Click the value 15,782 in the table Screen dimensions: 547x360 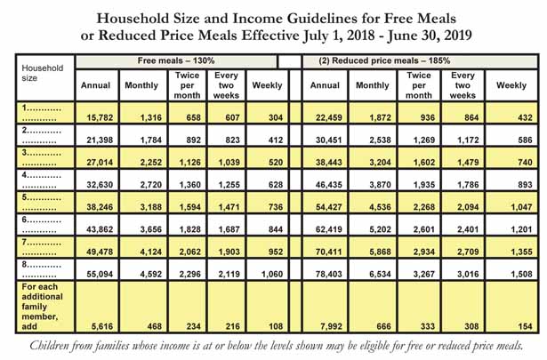(x=100, y=118)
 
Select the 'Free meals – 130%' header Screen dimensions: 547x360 (x=176, y=60)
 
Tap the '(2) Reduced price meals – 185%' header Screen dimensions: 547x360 (x=384, y=60)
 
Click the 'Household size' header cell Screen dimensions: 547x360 (x=42, y=73)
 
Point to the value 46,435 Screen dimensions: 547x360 (x=328, y=185)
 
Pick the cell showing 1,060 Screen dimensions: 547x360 (x=272, y=275)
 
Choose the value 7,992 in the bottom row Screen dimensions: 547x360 (x=331, y=326)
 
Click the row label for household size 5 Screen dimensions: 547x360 (x=41, y=202)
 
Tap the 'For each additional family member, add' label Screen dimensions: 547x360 (x=42, y=307)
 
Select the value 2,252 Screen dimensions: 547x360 (x=151, y=163)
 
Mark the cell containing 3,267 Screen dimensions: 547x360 (x=424, y=275)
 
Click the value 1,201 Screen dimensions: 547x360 (x=521, y=229)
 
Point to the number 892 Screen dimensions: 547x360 (x=194, y=140)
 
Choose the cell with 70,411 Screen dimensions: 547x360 (x=328, y=252)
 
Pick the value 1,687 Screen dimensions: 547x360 (x=229, y=229)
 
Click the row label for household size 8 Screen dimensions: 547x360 (x=41, y=269)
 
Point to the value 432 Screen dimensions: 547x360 (x=525, y=118)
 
